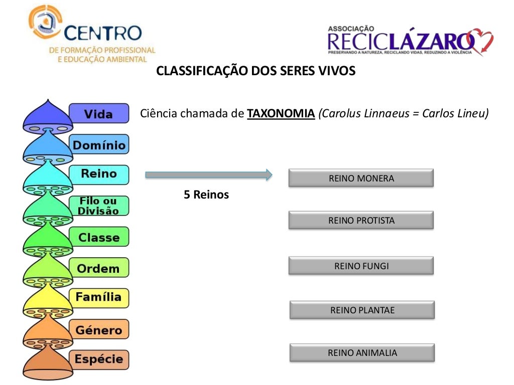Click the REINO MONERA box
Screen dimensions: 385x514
361,178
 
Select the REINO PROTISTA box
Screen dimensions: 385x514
361,220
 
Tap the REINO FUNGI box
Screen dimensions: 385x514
361,266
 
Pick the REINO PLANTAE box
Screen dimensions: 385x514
362,310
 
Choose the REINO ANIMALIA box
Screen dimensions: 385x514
362,352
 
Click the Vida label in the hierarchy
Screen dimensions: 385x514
98,114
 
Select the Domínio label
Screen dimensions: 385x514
98,145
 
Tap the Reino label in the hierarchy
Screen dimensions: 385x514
98,174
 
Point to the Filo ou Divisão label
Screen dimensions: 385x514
98,206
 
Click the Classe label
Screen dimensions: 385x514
98,237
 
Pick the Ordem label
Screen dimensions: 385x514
98,268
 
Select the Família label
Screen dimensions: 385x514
98,297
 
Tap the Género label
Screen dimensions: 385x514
98,330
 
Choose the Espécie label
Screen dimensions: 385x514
98,359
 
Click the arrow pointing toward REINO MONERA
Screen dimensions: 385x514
208,174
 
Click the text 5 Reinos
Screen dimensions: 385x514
206,195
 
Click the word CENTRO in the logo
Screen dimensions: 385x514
103,34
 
